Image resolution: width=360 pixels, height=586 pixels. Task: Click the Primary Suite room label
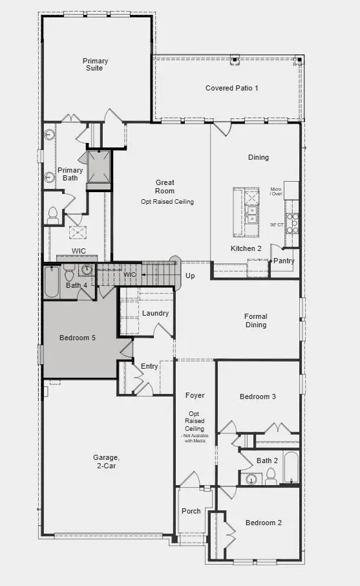[95, 65]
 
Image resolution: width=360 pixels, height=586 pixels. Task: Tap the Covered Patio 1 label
[232, 88]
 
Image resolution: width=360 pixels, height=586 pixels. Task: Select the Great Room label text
[165, 187]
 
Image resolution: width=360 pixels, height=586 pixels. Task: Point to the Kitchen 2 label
[246, 248]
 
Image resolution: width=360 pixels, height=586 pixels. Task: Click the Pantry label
[284, 261]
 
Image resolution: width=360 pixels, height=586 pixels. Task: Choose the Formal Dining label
[256, 321]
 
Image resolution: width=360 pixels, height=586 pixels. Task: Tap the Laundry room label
[156, 314]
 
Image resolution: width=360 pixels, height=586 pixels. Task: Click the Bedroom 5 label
[78, 338]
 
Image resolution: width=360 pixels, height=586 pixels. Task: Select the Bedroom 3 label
[258, 396]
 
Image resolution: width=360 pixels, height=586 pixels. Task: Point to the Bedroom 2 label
[264, 523]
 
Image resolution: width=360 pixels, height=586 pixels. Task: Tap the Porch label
[191, 511]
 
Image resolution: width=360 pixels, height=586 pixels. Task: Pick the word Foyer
[195, 395]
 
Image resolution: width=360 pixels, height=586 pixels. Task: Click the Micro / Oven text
[276, 192]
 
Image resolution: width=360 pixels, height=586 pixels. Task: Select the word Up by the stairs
[190, 276]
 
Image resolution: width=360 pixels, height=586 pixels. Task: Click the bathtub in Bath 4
[52, 283]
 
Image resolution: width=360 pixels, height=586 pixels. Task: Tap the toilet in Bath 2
[270, 477]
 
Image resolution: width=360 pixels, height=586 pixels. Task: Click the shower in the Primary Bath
[99, 168]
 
